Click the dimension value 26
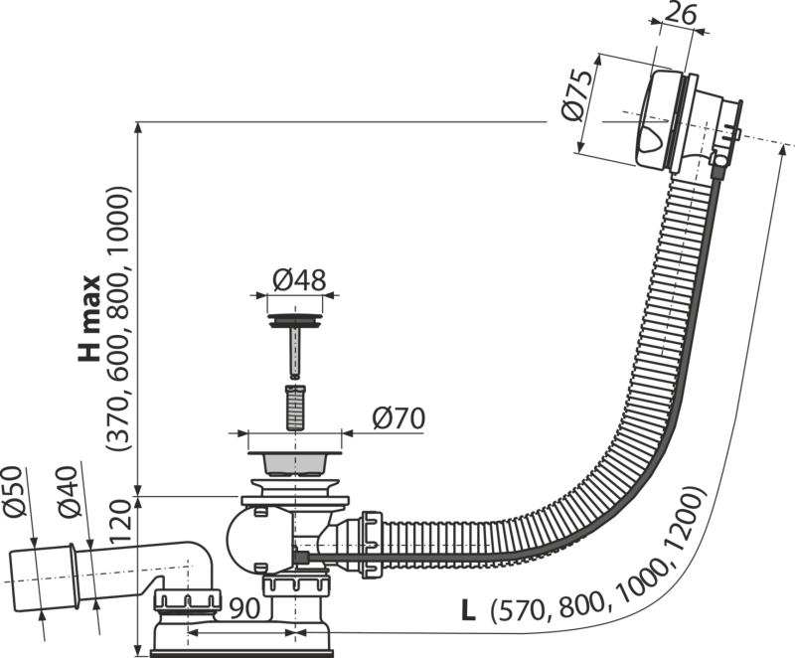(680, 16)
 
